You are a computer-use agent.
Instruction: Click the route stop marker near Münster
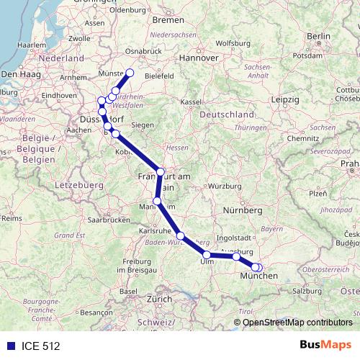pyautogui.click(x=130, y=72)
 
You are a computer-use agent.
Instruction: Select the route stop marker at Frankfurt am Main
pyautogui.click(x=161, y=172)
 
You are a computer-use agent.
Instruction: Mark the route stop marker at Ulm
pyautogui.click(x=207, y=255)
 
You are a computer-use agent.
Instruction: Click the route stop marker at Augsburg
pyautogui.click(x=236, y=256)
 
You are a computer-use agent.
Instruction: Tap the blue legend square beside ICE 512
pyautogui.click(x=9, y=346)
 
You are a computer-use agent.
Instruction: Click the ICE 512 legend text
pyautogui.click(x=40, y=346)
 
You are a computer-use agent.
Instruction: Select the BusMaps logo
pyautogui.click(x=325, y=345)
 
